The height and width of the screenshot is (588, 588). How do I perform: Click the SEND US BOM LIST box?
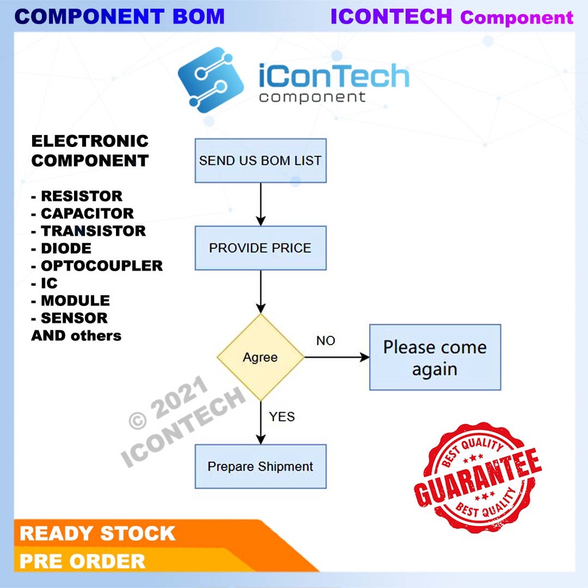pyautogui.click(x=260, y=161)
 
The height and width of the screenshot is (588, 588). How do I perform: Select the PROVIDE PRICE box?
pyautogui.click(x=260, y=248)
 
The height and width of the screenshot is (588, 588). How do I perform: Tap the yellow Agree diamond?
pyautogui.click(x=260, y=357)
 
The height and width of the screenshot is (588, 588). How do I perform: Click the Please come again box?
pyautogui.click(x=435, y=358)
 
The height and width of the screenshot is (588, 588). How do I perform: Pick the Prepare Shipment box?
pyautogui.click(x=260, y=466)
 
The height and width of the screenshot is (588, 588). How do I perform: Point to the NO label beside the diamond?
pyautogui.click(x=326, y=341)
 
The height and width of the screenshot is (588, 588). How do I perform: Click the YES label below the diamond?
pyautogui.click(x=281, y=416)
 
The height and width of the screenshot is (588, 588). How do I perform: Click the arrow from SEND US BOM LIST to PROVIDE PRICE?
pyautogui.click(x=261, y=204)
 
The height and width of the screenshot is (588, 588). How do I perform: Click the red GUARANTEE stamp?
pyautogui.click(x=478, y=478)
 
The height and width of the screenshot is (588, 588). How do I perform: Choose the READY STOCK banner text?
pyautogui.click(x=97, y=533)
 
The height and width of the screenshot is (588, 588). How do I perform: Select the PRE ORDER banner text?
pyautogui.click(x=83, y=561)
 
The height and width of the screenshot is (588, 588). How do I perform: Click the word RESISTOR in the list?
pyautogui.click(x=81, y=196)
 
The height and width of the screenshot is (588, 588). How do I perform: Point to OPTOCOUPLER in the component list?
pyautogui.click(x=101, y=266)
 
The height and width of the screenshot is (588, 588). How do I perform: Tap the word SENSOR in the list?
pyautogui.click(x=73, y=318)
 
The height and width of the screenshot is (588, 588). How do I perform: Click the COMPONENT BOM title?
pyautogui.click(x=119, y=16)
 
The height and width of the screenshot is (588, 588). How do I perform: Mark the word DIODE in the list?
pyautogui.click(x=65, y=249)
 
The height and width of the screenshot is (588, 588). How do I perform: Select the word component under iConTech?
pyautogui.click(x=312, y=96)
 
